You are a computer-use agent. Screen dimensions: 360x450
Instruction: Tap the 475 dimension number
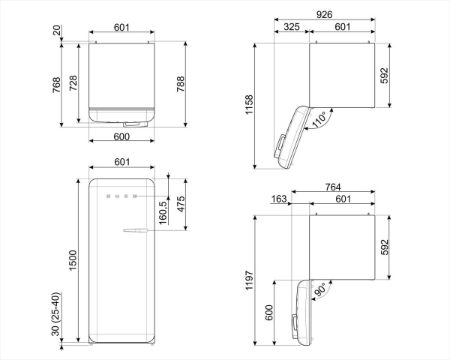click(x=181, y=205)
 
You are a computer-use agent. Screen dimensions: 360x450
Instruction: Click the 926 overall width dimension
click(x=324, y=14)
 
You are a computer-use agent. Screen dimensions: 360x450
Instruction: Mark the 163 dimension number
click(x=279, y=199)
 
